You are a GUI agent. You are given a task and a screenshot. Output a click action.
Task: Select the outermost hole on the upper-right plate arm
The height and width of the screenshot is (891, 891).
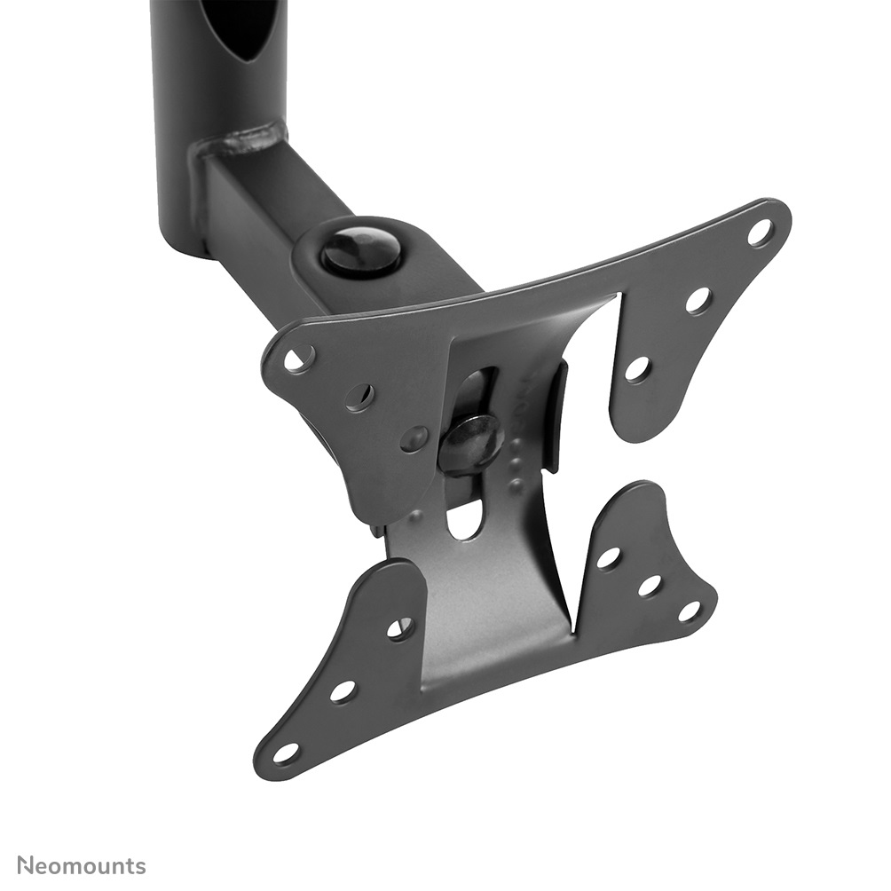(761, 233)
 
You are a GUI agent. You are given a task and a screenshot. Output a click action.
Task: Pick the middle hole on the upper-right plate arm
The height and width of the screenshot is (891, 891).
(698, 300)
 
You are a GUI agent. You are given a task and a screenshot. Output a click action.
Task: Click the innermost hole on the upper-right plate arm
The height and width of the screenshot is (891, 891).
(637, 368)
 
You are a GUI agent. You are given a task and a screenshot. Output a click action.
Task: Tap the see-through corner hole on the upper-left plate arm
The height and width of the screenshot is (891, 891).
(299, 358)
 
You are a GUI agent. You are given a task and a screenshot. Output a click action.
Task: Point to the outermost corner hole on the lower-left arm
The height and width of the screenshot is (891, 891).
(286, 753)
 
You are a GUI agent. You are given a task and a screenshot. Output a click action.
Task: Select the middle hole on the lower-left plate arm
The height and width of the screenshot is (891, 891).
(343, 690)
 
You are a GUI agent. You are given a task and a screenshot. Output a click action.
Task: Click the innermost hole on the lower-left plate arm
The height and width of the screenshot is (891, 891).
(400, 628)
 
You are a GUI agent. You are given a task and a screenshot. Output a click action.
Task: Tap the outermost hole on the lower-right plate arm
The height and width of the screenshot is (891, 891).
(690, 611)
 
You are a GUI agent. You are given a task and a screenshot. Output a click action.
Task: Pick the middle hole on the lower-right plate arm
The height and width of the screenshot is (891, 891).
(650, 585)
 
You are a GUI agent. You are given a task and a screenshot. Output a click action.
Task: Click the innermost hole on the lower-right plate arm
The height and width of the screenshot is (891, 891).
(608, 558)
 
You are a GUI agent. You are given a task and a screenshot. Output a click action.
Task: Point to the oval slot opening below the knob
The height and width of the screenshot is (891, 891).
(465, 518)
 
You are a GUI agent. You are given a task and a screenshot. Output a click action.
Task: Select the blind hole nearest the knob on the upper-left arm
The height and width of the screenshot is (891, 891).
(414, 438)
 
